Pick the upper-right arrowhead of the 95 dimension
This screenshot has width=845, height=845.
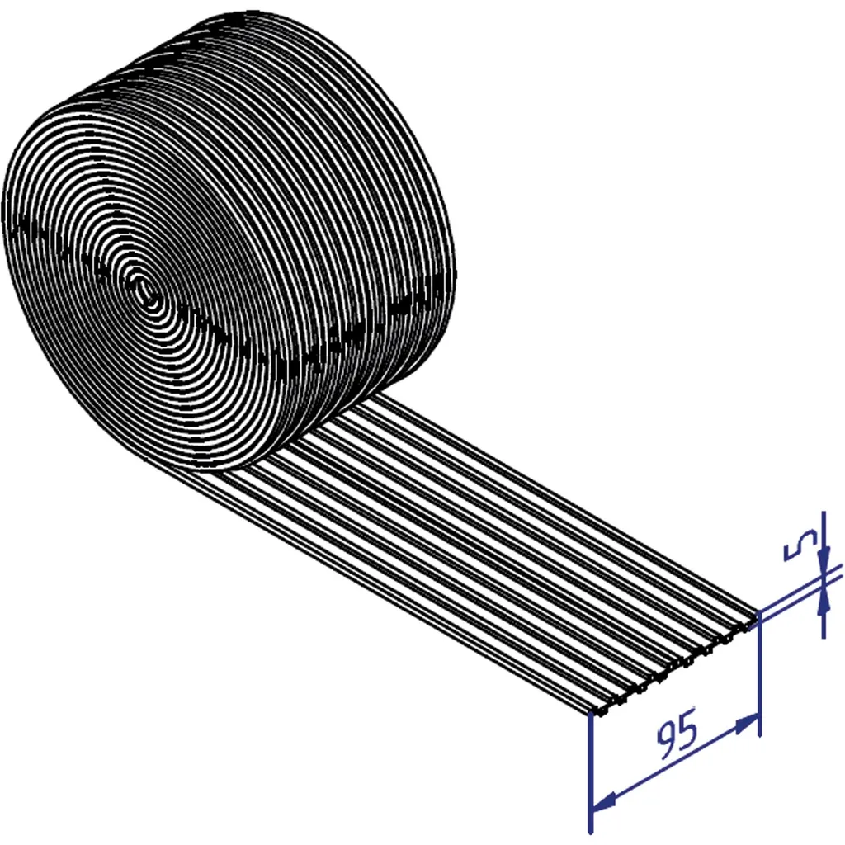[x=747, y=725]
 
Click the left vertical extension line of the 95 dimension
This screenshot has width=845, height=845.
[x=591, y=772]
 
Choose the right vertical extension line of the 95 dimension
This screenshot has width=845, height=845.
[x=759, y=673]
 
